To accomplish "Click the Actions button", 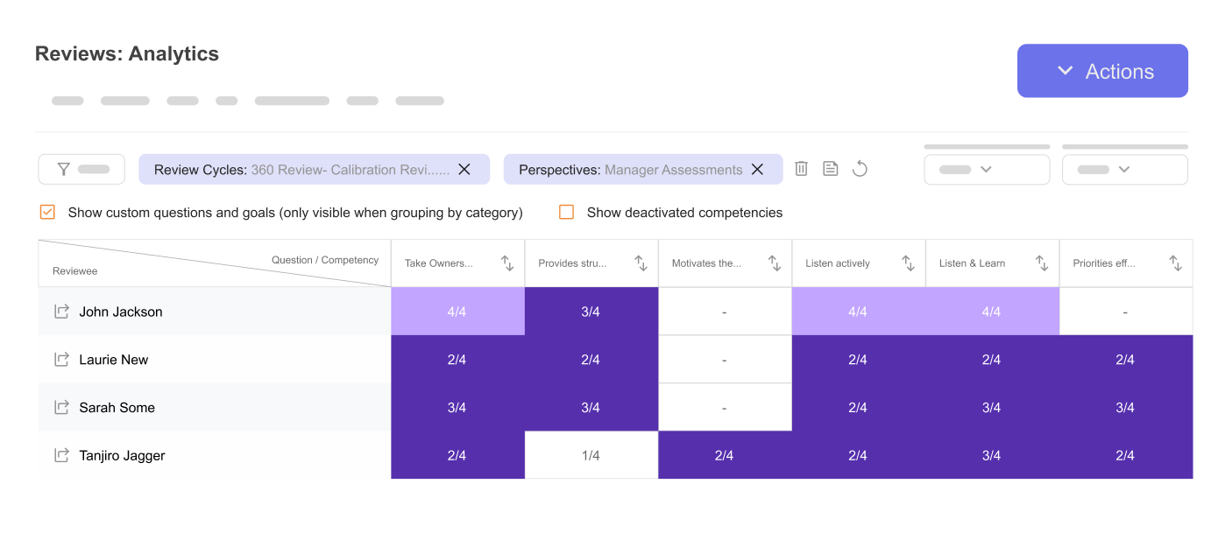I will coord(1102,71).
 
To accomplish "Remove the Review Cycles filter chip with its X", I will coord(464,170).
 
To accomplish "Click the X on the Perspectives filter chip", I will coord(758,170).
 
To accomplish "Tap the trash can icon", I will coord(801,169).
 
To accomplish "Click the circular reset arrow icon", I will coord(860,169).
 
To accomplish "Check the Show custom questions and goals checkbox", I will coord(48,212).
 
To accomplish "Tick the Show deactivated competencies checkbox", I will coord(567,212).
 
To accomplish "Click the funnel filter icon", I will coord(63,170).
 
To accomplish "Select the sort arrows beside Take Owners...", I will coord(507,263).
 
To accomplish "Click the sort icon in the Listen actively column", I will coord(908,263).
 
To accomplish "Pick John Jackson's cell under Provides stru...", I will coord(591,312).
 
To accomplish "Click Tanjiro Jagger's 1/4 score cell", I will coord(591,455).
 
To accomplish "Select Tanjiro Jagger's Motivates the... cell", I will coord(724,455).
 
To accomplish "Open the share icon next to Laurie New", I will coord(61,360).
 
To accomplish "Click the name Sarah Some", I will coord(117,408).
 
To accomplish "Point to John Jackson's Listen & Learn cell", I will coord(991,312).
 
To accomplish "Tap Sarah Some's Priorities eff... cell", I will coord(1125,408).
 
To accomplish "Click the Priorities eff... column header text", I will coord(1104,263).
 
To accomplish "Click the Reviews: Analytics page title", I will coord(127,54).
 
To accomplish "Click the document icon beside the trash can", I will coord(831,169).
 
